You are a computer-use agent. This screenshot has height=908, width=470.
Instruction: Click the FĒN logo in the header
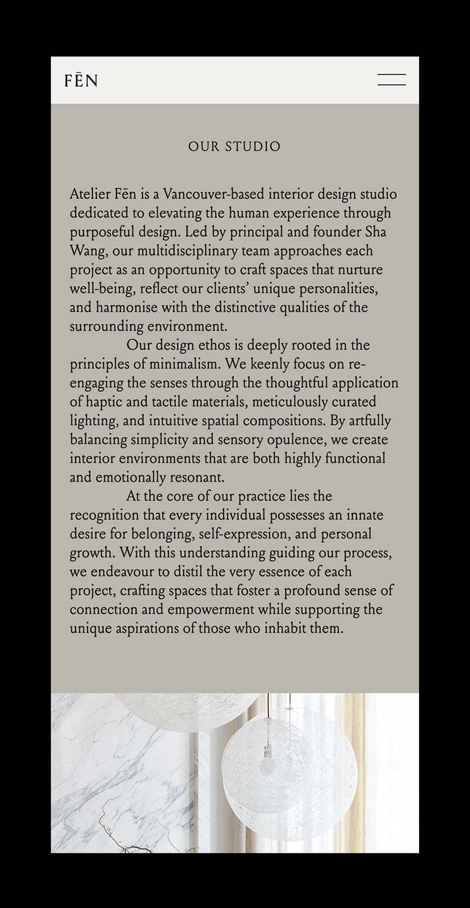click(x=81, y=81)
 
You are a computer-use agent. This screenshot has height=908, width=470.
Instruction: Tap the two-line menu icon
click(x=392, y=79)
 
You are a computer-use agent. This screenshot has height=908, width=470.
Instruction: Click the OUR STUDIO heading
click(x=234, y=146)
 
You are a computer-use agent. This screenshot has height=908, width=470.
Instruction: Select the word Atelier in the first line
click(x=90, y=195)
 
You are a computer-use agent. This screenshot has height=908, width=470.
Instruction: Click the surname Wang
click(x=87, y=251)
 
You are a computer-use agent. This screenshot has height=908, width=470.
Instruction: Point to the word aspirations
click(x=148, y=628)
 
